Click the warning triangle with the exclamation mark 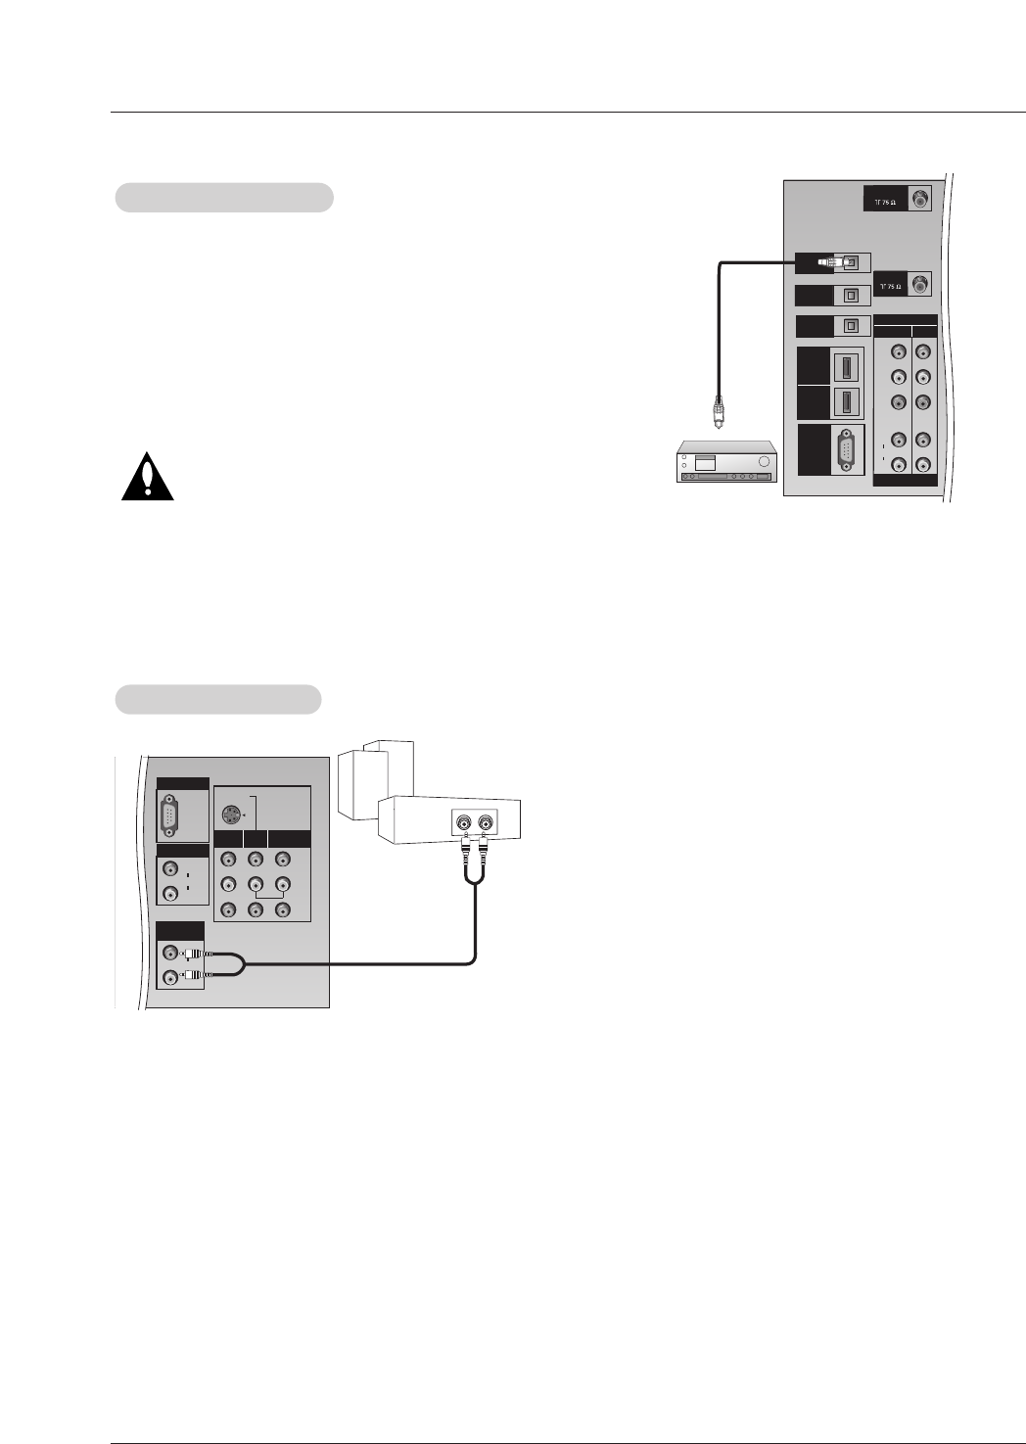click(x=148, y=478)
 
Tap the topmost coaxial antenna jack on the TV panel click(x=919, y=199)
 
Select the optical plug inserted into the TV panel click(x=830, y=262)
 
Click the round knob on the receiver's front click(x=765, y=461)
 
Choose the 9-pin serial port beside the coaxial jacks click(x=846, y=450)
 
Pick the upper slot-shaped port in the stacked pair click(x=847, y=368)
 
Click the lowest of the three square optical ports click(x=852, y=326)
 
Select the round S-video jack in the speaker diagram click(x=231, y=814)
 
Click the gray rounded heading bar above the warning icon click(x=224, y=197)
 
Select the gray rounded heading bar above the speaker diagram click(x=218, y=699)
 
